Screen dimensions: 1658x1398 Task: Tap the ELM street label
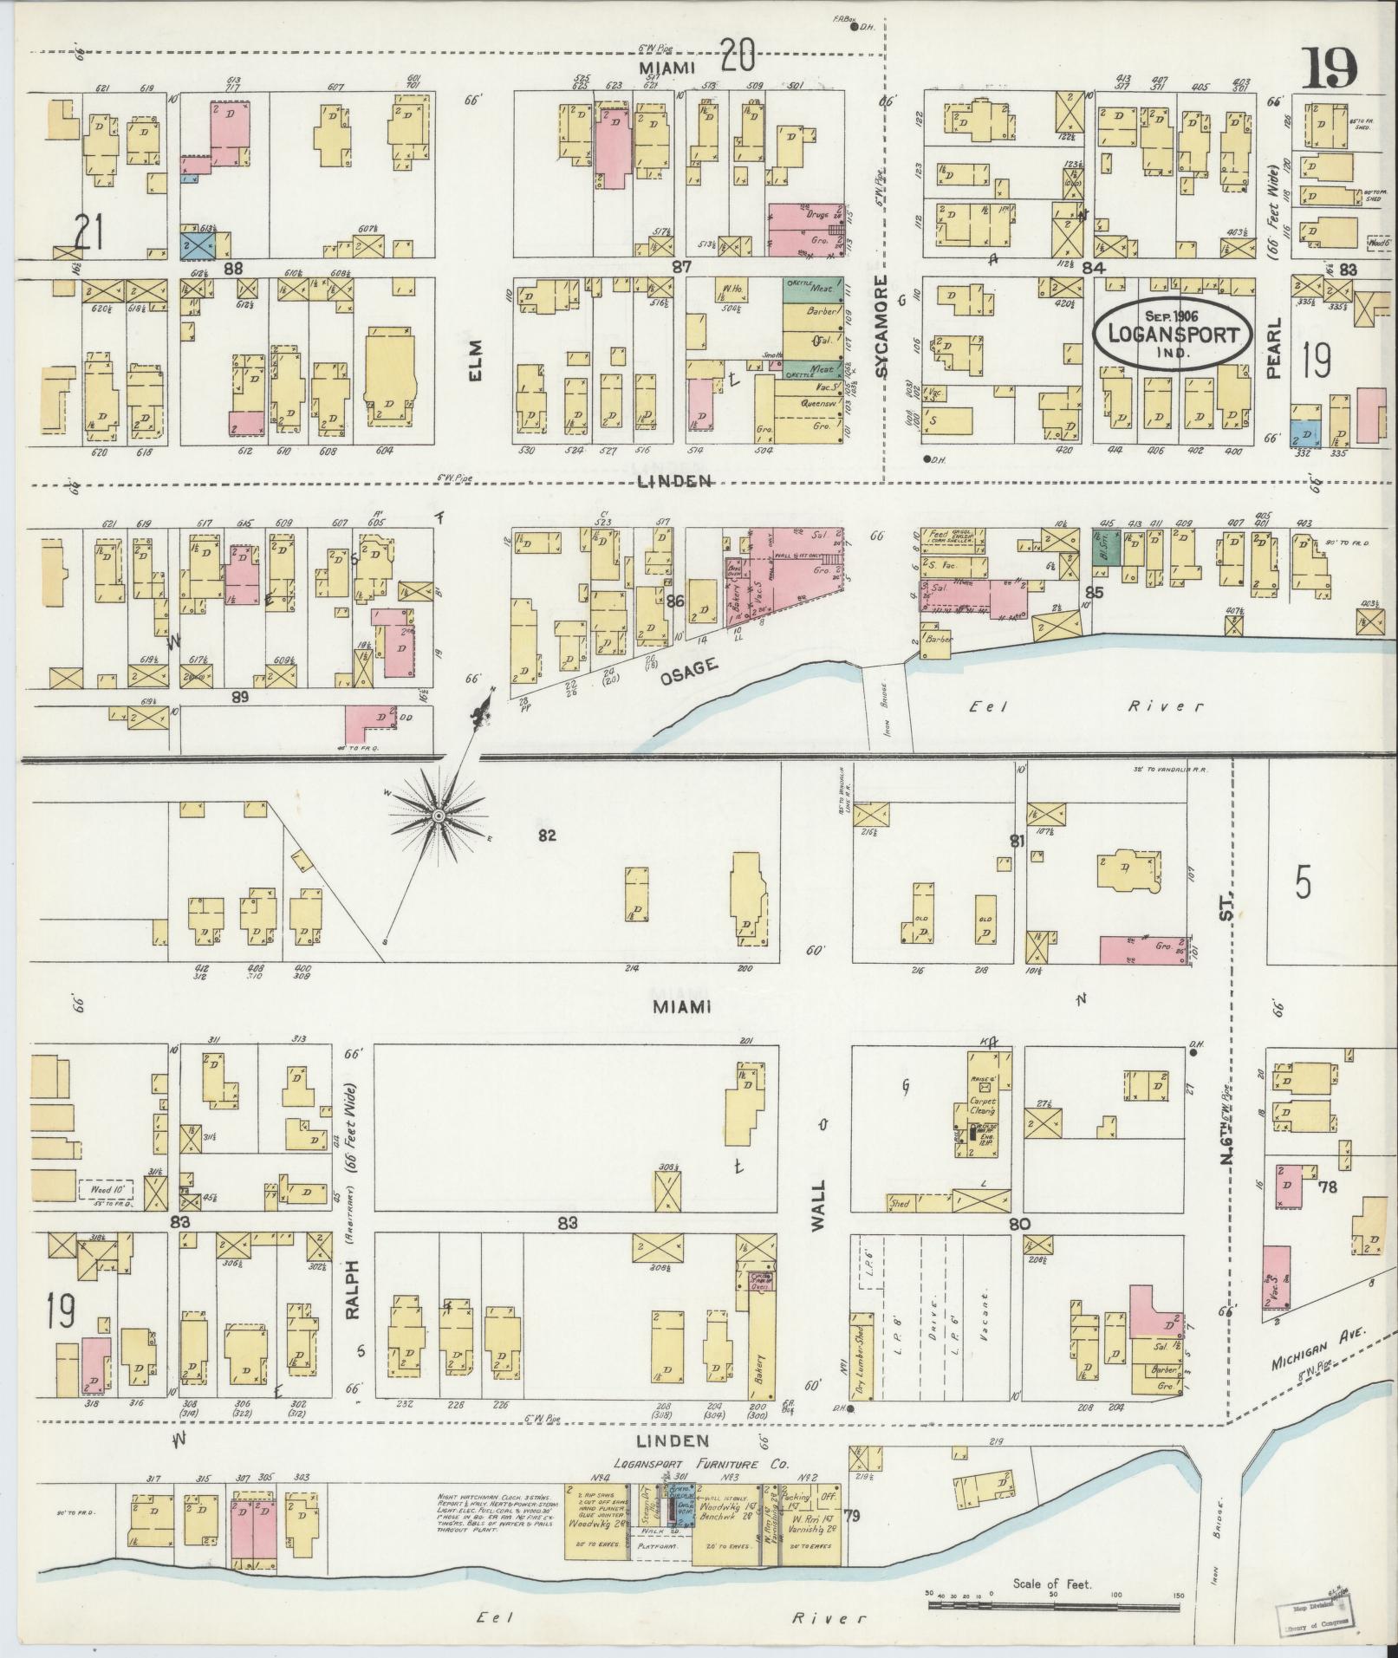[x=475, y=361]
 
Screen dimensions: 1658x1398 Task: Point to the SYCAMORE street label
[x=881, y=326]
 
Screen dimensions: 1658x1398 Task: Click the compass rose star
[x=439, y=816]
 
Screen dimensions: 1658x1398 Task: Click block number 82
[x=546, y=836]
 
